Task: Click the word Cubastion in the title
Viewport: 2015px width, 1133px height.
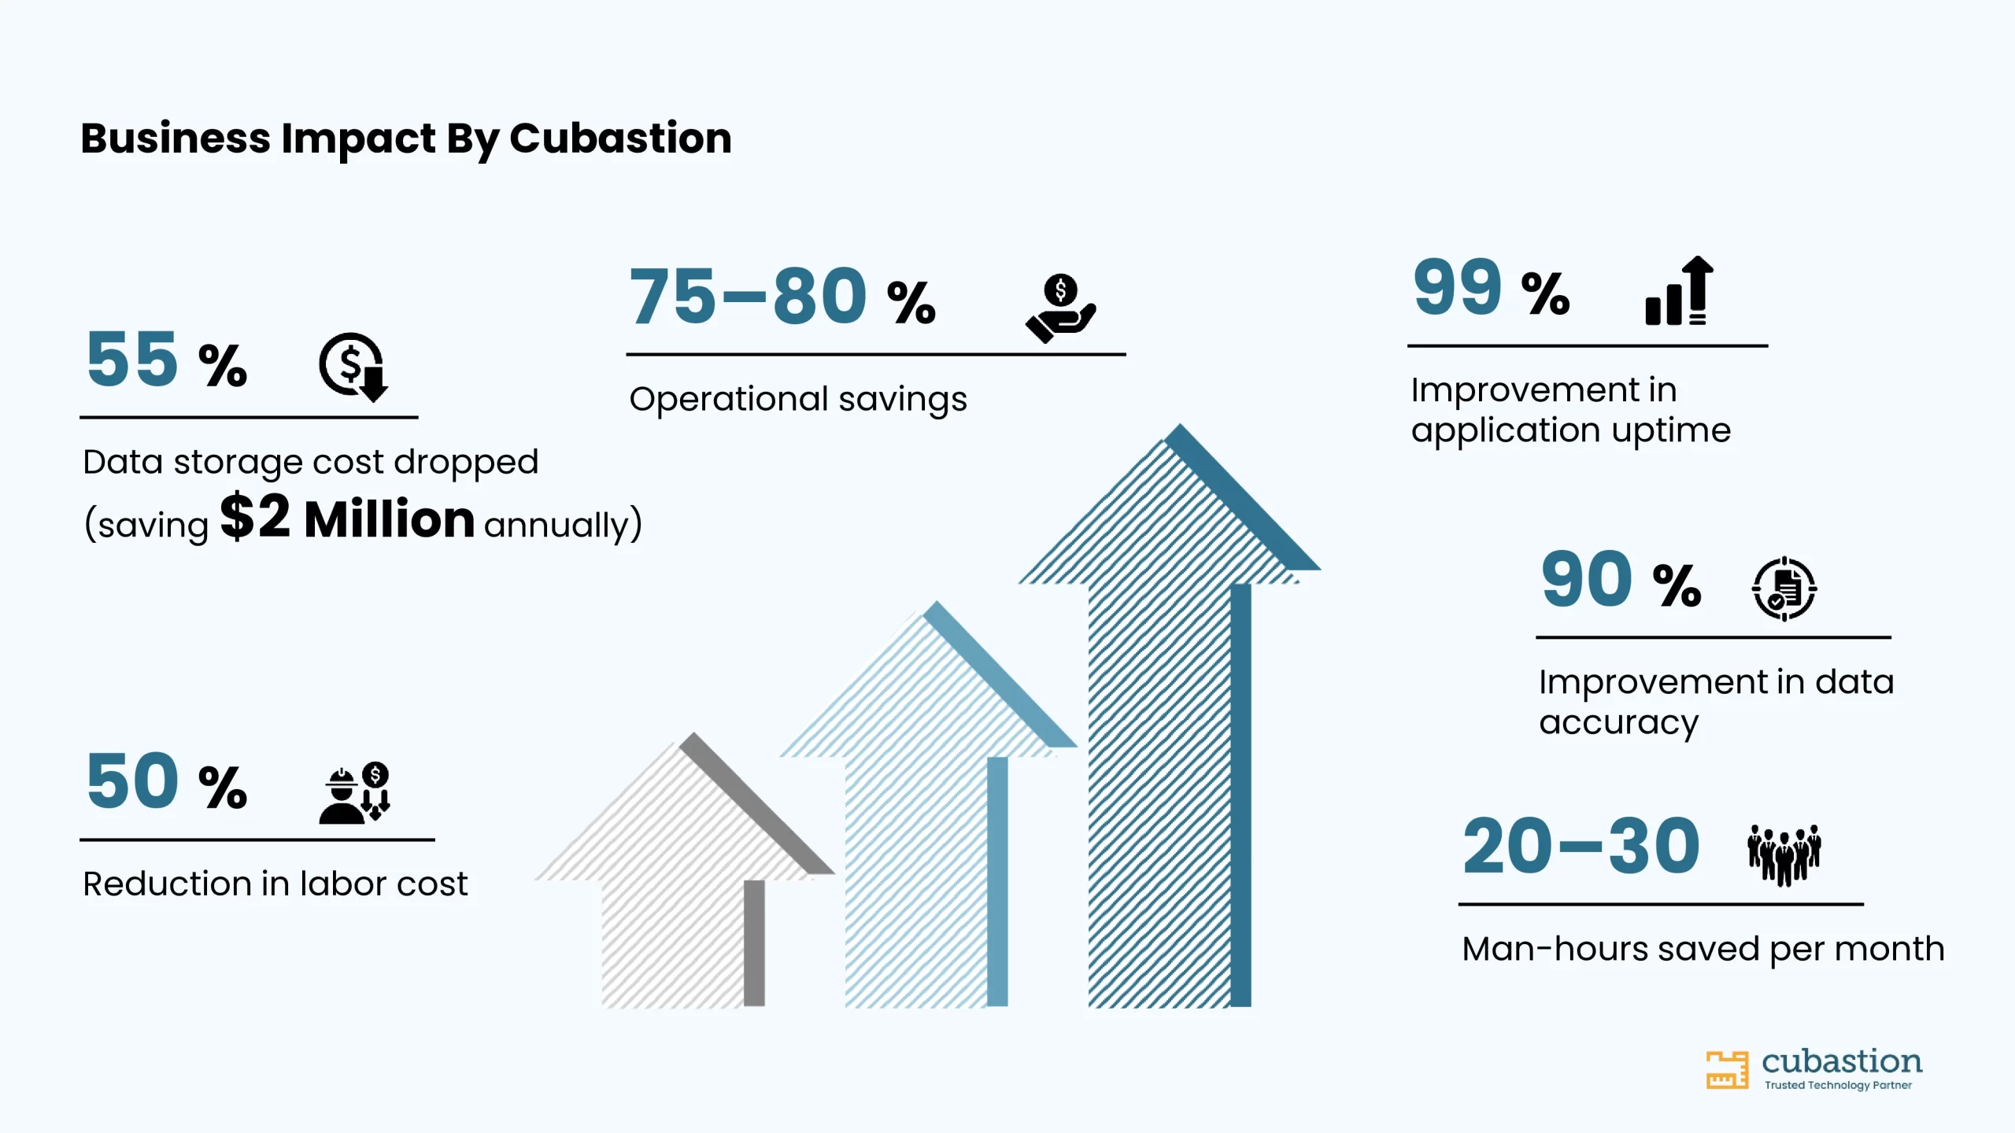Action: coord(620,138)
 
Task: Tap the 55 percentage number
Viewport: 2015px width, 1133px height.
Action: coord(132,359)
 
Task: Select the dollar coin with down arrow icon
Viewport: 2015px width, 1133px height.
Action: coord(353,367)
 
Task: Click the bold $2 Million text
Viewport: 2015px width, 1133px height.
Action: coord(347,518)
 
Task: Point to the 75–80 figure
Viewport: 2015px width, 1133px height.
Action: coord(748,296)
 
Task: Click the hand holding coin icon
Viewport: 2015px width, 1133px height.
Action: coord(1060,308)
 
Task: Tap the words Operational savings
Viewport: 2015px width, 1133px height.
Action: coord(798,400)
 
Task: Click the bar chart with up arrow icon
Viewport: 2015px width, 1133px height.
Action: coord(1679,290)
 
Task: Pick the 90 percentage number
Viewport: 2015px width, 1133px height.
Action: coord(1586,579)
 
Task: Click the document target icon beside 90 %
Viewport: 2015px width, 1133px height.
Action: coord(1784,589)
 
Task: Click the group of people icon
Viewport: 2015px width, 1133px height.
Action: coord(1784,855)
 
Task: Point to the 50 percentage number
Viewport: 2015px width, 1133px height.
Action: coord(132,781)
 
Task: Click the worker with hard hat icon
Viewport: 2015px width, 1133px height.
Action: coord(354,792)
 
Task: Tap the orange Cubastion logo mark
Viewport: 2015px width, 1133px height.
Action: coord(1727,1070)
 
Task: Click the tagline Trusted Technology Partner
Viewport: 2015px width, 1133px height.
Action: coord(1838,1085)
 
